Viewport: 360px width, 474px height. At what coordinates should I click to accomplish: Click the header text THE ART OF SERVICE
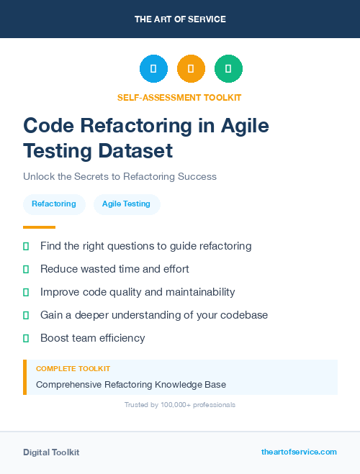pos(180,19)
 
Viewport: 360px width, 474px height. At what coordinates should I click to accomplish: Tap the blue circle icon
pos(153,69)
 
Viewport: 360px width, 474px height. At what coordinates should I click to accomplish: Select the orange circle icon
pos(191,69)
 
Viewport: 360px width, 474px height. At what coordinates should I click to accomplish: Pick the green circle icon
pos(228,69)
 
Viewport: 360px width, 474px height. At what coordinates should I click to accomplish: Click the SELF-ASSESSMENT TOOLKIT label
pos(180,97)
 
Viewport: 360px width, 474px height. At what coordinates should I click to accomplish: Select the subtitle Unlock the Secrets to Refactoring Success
pos(120,176)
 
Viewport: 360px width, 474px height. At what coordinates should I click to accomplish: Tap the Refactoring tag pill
pos(54,204)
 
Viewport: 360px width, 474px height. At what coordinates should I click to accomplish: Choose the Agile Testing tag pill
pos(126,204)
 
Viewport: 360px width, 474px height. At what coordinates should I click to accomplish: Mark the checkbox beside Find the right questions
pos(26,246)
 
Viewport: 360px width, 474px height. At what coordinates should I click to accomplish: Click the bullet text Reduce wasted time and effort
pos(114,269)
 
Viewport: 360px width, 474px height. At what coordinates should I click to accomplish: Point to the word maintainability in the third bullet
pos(195,292)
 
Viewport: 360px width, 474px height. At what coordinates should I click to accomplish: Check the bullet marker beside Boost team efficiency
pos(26,338)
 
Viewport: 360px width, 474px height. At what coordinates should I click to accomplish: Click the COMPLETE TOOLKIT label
pos(73,369)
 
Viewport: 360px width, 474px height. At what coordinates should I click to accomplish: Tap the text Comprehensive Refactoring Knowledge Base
pos(131,384)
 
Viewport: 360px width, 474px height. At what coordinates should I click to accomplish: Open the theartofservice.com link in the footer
pos(299,452)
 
